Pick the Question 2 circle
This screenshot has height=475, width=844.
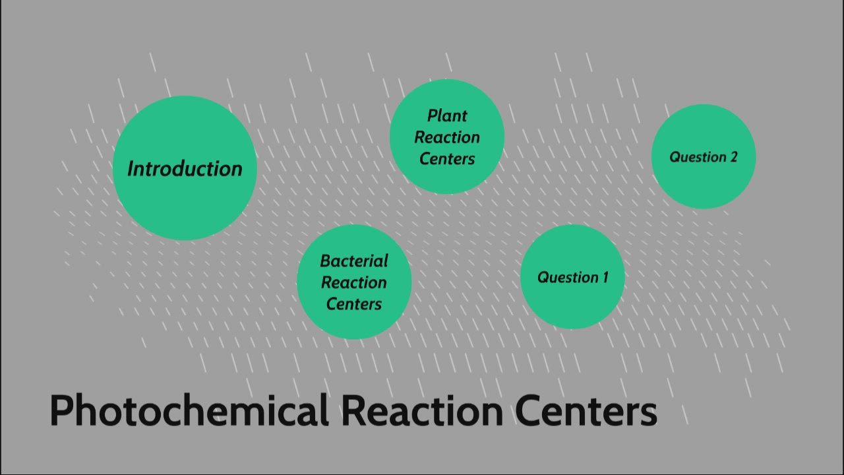703,185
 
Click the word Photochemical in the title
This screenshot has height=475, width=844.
189,410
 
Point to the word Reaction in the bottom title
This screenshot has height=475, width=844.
422,410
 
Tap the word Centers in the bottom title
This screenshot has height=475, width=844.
586,410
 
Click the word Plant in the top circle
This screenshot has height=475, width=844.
447,116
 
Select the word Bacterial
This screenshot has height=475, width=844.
354,261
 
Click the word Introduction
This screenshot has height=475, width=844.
185,169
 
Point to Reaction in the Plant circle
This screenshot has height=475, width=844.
447,138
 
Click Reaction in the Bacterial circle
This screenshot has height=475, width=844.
354,283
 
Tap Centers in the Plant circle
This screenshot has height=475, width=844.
447,159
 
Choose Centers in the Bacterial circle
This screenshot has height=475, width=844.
354,304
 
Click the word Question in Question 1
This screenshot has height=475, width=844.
564,278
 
